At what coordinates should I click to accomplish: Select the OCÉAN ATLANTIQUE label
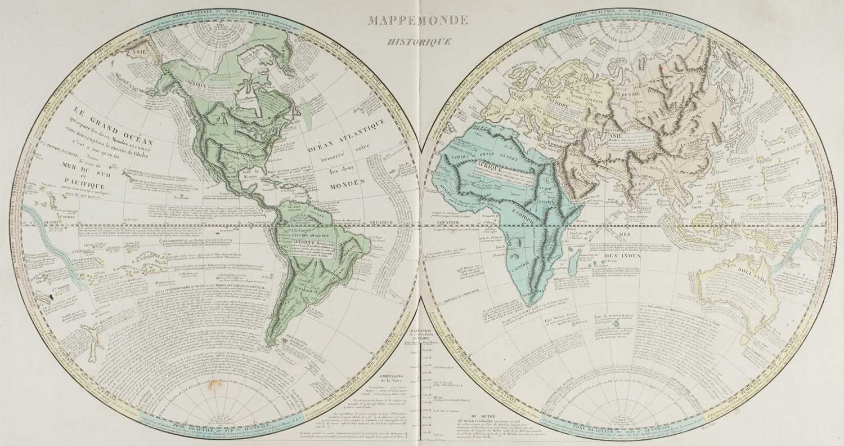click(347, 135)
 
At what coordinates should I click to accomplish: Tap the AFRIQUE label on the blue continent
click(475, 166)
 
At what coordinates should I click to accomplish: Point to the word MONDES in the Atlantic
click(347, 184)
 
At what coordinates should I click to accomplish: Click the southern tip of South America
click(271, 342)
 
